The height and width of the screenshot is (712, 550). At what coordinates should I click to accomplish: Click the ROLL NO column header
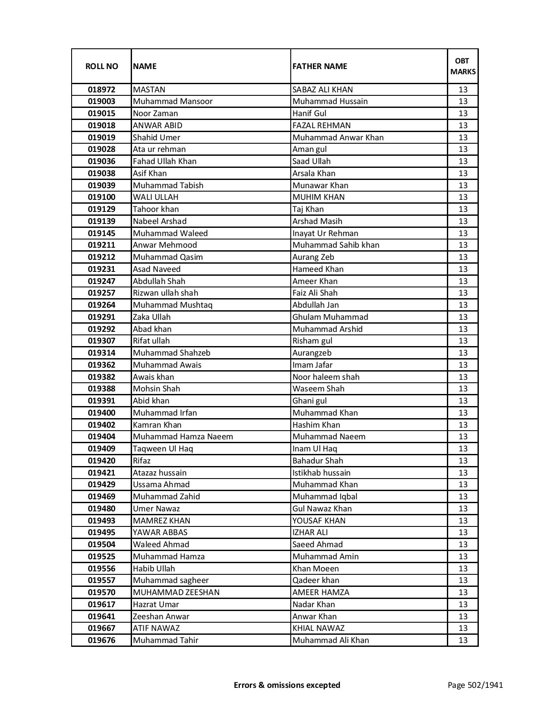pos(101,66)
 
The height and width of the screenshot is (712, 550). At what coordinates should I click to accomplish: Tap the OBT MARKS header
pos(463,66)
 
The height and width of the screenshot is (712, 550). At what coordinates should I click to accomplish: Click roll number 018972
pos(101,90)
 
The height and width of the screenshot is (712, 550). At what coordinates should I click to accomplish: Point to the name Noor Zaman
pos(155,113)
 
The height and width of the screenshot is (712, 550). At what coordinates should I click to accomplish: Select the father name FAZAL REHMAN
pos(321,126)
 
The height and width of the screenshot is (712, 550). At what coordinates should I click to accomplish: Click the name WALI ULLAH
pos(155,197)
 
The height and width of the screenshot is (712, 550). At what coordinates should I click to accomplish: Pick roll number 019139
pos(101,221)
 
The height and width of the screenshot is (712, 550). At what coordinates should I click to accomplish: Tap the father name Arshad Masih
pos(317,221)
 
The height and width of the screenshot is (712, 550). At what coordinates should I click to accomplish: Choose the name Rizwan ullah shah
pos(165,293)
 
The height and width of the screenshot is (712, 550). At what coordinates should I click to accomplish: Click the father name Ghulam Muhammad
pos(330,317)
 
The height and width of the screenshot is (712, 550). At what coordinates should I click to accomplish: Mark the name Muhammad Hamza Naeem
pos(182,437)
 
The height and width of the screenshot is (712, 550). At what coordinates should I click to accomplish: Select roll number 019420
pos(101,461)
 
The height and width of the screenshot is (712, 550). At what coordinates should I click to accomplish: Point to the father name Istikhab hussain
pos(321,473)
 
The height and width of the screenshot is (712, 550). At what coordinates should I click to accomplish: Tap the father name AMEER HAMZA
pos(321,592)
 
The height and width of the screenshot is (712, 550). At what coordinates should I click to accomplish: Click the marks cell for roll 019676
pos(463,640)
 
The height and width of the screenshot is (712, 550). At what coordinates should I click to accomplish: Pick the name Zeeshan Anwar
pos(161,617)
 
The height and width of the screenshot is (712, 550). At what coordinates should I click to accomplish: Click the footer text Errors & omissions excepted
pos(287,685)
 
